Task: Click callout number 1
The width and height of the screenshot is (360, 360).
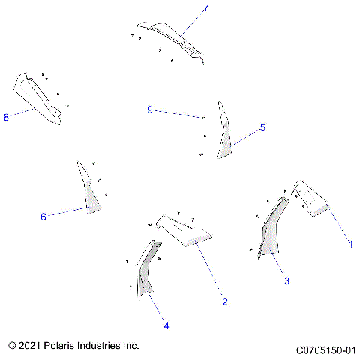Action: pos(348,244)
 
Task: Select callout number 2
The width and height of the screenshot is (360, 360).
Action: pos(224,301)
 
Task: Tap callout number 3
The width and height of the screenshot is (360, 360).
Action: pos(286,280)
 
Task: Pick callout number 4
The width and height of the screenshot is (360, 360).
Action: pos(166,325)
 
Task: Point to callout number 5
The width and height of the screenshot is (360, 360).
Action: pos(262,128)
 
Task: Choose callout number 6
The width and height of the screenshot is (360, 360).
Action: pos(43,217)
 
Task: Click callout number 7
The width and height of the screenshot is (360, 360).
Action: pos(206,8)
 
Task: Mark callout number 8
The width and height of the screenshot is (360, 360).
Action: pos(7,118)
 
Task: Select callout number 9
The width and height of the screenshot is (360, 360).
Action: pos(150,110)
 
